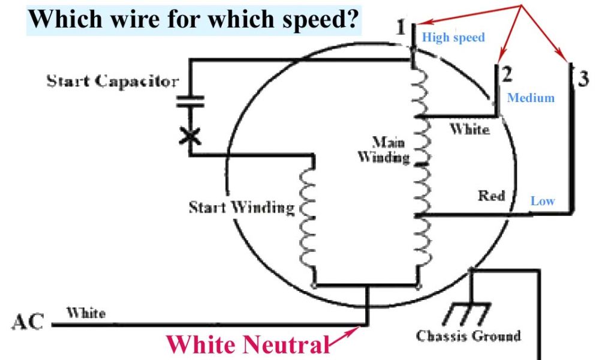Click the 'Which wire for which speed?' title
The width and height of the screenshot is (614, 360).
(195, 19)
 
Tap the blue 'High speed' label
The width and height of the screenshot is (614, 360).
(453, 37)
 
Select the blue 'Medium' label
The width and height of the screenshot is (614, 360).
(531, 98)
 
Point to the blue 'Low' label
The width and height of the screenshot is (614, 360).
(542, 201)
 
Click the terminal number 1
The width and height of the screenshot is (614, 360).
(401, 27)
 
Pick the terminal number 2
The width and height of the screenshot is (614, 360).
(507, 74)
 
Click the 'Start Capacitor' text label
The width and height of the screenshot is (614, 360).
(113, 81)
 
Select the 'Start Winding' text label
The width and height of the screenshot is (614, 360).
(242, 208)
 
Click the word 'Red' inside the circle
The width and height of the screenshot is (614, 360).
(491, 196)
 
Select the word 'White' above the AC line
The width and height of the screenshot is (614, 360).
(86, 313)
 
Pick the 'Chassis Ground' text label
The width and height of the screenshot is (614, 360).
(468, 335)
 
